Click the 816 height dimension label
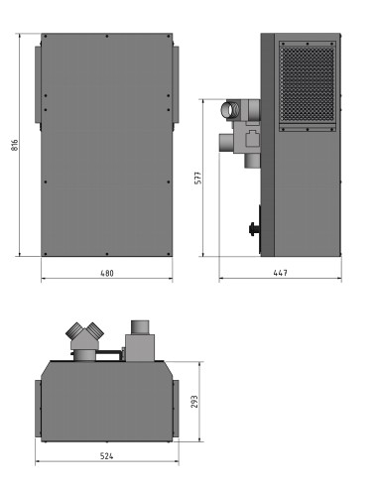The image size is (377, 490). coord(15,145)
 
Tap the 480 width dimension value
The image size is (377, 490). coord(107,273)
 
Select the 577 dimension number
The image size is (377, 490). coord(197,178)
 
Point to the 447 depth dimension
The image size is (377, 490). coord(281,273)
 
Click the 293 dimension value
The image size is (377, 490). coord(194,402)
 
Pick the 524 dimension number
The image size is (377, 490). coord(106,456)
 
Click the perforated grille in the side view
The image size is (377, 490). coord(308,84)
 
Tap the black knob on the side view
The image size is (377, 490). coord(253,229)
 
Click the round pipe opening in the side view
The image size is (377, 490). coord(230,110)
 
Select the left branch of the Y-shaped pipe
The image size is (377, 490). coord(74,330)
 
